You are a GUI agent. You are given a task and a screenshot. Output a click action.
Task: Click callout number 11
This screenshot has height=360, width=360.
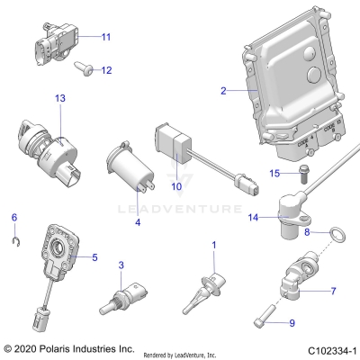[x=105, y=37]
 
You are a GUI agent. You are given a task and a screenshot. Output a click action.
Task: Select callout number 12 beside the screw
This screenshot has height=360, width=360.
[x=105, y=70]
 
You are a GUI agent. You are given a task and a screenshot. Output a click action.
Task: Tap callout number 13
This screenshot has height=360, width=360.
[x=60, y=97]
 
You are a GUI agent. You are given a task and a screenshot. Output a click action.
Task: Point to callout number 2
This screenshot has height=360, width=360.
[x=224, y=90]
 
